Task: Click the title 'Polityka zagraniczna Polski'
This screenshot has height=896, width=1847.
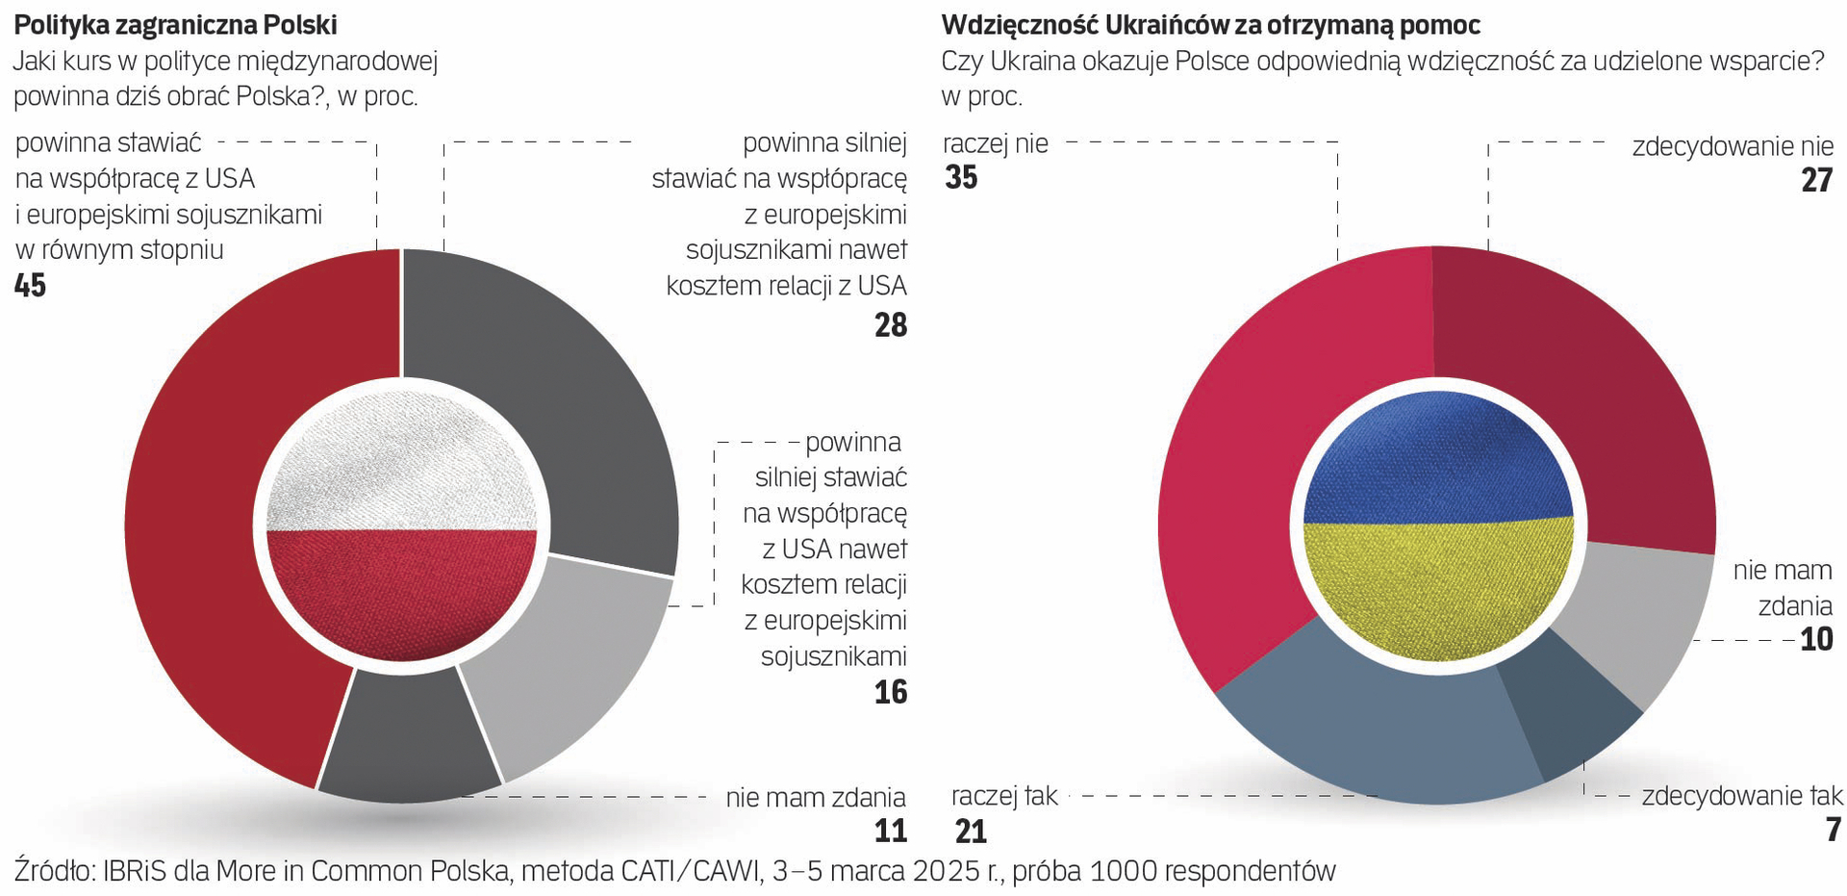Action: coord(175,24)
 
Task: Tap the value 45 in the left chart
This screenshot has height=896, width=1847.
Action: coord(31,286)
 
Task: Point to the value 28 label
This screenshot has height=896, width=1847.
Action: coord(891,325)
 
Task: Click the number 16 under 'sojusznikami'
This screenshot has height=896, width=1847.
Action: coord(891,692)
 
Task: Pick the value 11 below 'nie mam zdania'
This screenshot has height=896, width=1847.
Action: coord(891,831)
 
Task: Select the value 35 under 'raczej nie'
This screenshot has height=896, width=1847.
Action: coord(961,178)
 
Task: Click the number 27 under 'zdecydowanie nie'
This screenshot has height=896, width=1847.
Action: coord(1817,180)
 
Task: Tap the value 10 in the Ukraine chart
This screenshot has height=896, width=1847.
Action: coord(1817,639)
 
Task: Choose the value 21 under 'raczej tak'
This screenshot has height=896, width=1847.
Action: coord(972,831)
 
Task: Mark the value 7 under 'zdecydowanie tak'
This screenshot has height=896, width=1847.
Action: coord(1834,831)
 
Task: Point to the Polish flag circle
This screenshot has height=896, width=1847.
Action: coord(402,526)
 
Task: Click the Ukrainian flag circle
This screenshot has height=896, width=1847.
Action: coord(1438,526)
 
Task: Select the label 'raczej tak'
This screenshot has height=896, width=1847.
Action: coord(1004,796)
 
